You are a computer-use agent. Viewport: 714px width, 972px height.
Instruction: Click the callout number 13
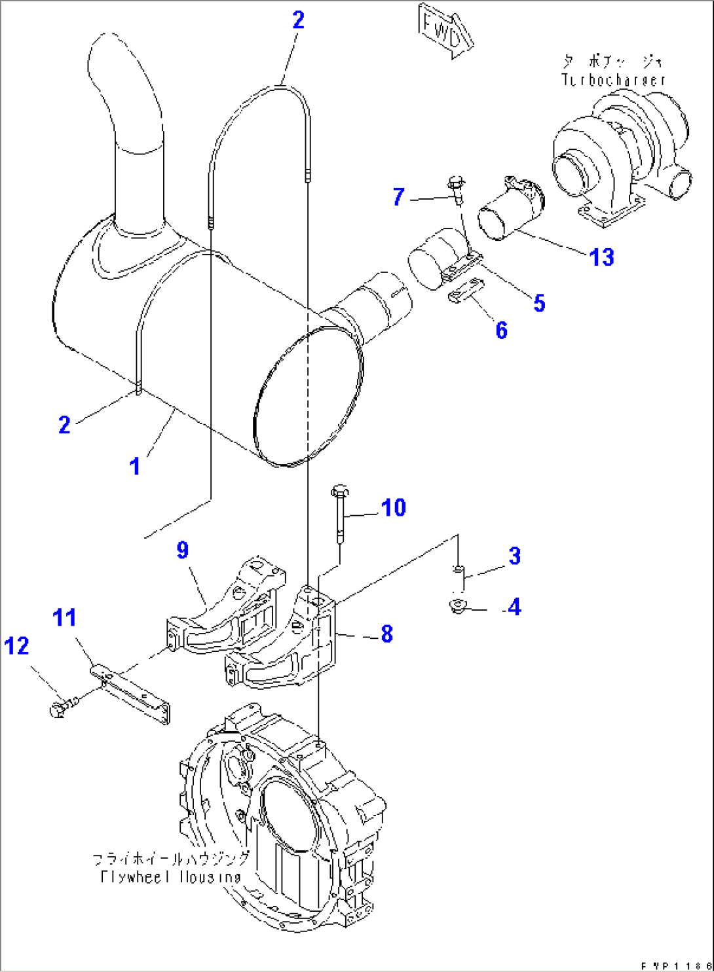tap(601, 257)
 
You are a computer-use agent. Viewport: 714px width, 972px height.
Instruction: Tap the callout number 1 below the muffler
tap(135, 467)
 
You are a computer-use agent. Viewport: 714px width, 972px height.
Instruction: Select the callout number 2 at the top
tap(298, 20)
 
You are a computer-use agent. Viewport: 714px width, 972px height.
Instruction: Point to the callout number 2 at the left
tap(64, 425)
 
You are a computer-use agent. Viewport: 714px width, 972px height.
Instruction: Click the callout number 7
tap(398, 196)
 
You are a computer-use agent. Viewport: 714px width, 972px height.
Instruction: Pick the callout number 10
tap(393, 507)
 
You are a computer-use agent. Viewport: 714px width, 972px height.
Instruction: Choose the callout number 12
tap(16, 646)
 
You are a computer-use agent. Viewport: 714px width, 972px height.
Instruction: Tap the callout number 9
tap(183, 550)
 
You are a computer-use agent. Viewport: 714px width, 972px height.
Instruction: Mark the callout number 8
tap(387, 634)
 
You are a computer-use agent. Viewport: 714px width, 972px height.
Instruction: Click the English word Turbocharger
tap(613, 80)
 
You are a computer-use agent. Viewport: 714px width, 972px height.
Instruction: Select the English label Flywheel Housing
tap(170, 876)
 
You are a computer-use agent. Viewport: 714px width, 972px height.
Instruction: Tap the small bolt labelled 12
tap(60, 708)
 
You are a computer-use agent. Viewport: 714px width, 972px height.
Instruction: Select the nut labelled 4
tap(458, 607)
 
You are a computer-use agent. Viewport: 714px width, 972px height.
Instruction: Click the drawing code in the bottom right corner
tap(675, 965)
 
